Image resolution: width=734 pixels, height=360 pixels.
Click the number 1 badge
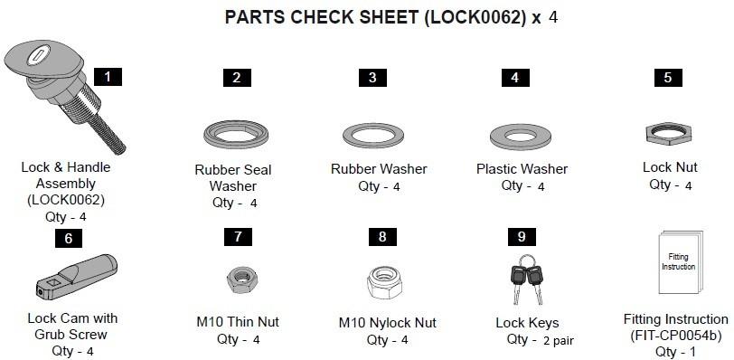[108, 77]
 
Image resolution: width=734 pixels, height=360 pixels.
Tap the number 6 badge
[69, 239]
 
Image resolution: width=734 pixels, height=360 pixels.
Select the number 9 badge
[522, 236]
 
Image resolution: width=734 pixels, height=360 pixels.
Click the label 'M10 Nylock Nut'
[387, 322]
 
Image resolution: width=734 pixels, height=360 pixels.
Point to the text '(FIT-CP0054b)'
[675, 336]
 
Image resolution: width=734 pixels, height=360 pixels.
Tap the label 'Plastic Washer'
[522, 169]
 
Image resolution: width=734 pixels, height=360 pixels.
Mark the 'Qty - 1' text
[675, 352]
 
